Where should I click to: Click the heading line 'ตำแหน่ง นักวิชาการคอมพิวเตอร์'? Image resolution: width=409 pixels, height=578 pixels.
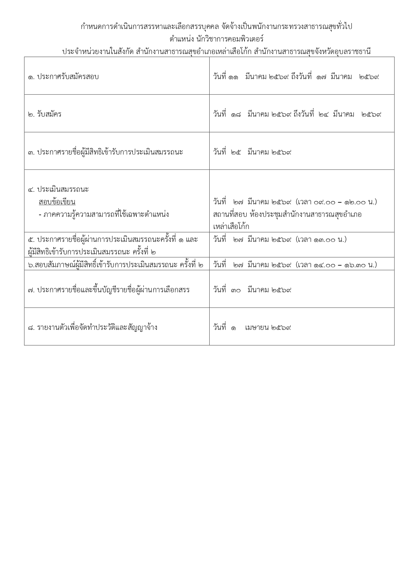click(x=216, y=39)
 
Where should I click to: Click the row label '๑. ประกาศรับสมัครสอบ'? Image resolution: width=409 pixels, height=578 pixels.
click(x=63, y=77)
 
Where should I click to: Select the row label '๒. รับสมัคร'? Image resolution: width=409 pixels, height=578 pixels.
click(x=45, y=114)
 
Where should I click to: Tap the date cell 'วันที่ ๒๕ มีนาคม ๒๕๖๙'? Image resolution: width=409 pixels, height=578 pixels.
click(x=252, y=152)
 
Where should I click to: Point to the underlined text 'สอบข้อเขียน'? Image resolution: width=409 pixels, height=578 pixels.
click(x=57, y=202)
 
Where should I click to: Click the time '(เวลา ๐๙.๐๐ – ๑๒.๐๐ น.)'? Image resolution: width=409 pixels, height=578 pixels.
click(x=336, y=202)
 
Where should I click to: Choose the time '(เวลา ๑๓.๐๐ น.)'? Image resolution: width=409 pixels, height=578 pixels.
click(x=321, y=240)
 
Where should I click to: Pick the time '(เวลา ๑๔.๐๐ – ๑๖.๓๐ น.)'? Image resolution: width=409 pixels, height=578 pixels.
click(x=336, y=265)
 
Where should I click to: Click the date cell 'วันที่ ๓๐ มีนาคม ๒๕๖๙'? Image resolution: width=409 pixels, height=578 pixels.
click(x=252, y=290)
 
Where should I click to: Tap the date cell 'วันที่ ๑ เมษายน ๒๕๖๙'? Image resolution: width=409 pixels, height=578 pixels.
click(x=252, y=328)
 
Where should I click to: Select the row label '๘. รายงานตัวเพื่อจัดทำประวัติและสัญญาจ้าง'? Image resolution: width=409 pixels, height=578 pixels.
click(x=93, y=328)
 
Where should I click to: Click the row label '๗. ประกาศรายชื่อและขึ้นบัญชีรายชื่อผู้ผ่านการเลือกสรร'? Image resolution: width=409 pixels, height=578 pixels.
click(x=109, y=290)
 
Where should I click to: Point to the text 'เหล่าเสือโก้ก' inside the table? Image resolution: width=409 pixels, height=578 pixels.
click(x=231, y=227)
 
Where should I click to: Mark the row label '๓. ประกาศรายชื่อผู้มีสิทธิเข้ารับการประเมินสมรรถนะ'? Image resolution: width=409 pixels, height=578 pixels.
click(x=105, y=152)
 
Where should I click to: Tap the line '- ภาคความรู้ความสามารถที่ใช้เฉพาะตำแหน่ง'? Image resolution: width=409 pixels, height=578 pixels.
click(x=103, y=214)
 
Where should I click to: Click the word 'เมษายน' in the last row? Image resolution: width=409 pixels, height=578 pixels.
click(x=257, y=328)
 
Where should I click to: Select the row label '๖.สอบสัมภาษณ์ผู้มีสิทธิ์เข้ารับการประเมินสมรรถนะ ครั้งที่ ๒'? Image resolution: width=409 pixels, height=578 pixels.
click(x=116, y=265)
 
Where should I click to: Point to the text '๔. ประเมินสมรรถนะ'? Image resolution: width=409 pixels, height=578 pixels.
click(x=58, y=189)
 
